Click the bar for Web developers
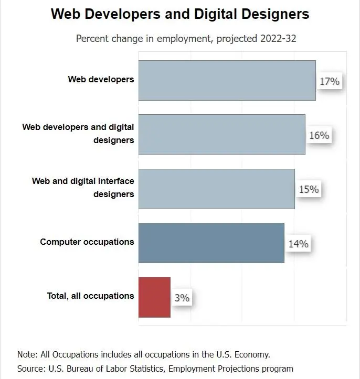coord(227,80)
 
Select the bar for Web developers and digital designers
coord(221,135)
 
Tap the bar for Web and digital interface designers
coord(216,189)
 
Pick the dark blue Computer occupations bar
coord(211,243)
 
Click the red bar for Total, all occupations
coord(154,297)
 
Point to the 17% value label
coord(330,81)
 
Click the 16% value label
coord(319,135)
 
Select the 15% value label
coord(309,189)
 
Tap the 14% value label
coord(298,244)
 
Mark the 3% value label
coord(182,298)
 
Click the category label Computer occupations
coord(87,242)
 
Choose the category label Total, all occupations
coord(90,296)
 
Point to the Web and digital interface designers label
coord(83,187)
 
